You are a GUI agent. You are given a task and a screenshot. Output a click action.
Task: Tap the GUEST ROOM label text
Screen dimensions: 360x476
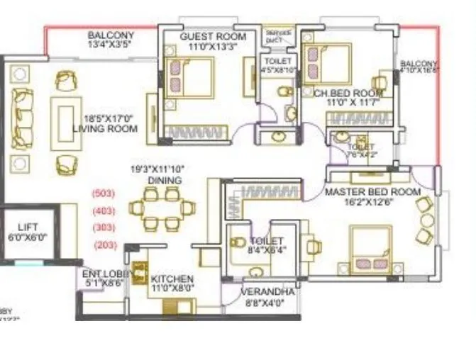coord(213,36)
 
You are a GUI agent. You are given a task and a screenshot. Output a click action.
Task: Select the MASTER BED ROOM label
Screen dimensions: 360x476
coord(372,192)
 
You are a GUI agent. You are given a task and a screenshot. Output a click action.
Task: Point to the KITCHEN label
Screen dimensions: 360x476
coord(172,279)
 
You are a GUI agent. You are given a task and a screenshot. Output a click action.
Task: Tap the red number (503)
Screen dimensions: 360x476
coord(104,193)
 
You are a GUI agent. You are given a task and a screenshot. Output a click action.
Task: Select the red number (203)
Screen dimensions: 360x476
coord(104,245)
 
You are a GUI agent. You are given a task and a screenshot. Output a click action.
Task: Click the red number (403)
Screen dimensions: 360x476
coord(104,210)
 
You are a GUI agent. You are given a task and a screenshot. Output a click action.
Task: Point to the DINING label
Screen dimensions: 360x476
coord(164,181)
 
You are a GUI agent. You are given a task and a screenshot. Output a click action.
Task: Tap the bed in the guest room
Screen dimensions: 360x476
coord(190,78)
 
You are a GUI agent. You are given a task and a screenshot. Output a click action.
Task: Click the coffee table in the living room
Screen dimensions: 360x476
coord(65,119)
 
